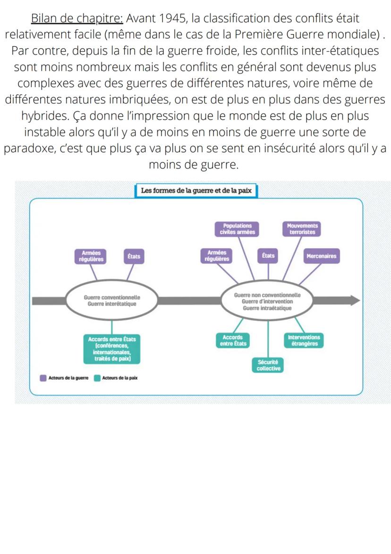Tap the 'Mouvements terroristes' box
[302, 229]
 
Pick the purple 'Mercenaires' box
[321, 256]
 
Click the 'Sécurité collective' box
[269, 365]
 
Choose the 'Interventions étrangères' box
[304, 341]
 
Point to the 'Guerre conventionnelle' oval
[112, 300]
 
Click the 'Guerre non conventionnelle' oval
[267, 301]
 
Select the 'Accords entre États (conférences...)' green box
[112, 349]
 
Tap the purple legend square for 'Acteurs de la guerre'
[43, 378]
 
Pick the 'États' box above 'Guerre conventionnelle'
[134, 256]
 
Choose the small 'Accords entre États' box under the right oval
[233, 341]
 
